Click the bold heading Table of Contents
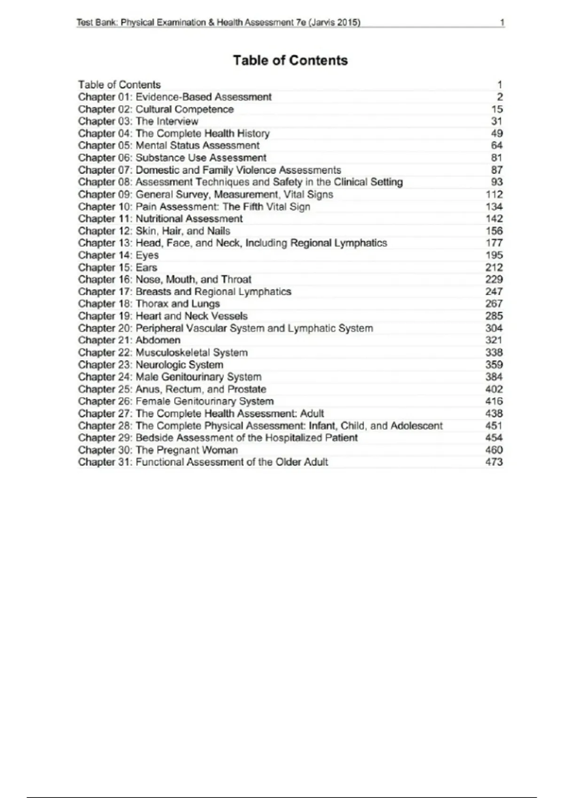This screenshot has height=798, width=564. coord(290,61)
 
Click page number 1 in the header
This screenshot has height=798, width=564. coord(502,23)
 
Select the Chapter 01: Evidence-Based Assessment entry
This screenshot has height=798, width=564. coord(175,97)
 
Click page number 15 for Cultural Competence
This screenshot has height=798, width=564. coord(497,109)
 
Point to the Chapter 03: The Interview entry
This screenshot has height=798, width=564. coord(138,121)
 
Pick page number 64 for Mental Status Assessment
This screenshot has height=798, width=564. coord(497,146)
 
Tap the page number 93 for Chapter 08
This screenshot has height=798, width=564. coord(497,182)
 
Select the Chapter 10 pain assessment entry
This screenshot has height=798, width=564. coord(194,207)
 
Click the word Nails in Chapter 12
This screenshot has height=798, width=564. coord(219,231)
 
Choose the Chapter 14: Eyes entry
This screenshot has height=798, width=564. coord(118,255)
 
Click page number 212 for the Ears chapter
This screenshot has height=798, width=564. coord(494,268)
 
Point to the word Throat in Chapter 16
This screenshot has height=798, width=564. coord(236,280)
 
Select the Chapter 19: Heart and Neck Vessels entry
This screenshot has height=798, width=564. coord(163,316)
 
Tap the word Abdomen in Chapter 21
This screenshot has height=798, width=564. coord(158,340)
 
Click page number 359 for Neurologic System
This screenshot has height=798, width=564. coord(494,365)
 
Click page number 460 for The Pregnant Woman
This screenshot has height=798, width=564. coord(494,450)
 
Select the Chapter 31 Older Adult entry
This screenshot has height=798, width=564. coord(203,462)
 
